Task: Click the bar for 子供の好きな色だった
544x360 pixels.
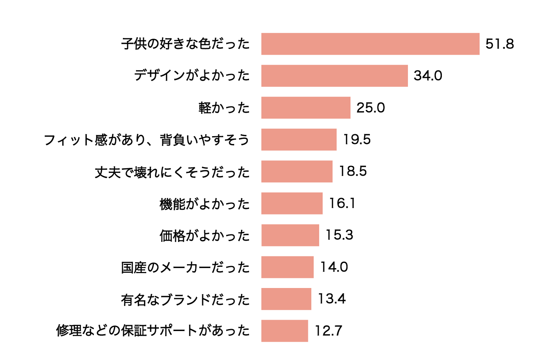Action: pos(370,44)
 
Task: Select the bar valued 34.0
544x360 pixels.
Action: pos(334,76)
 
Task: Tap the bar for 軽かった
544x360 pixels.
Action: pos(306,108)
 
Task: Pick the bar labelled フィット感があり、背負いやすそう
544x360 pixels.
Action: pos(299,139)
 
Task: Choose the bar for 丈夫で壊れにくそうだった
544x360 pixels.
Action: pos(297,171)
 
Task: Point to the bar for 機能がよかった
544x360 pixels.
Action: pos(292,203)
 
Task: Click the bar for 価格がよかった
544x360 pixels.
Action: pos(290,235)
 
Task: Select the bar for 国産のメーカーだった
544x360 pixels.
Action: pos(287,267)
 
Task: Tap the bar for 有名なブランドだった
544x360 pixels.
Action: pos(286,299)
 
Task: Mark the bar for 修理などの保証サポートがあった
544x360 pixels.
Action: pos(285,331)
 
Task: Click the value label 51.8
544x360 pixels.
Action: pos(499,44)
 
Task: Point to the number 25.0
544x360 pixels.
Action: pos(370,108)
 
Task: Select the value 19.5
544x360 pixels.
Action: pos(357,139)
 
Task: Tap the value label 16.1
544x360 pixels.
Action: pos(342,203)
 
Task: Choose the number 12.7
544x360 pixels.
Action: pos(328,331)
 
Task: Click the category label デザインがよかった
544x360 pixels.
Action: pos(192,75)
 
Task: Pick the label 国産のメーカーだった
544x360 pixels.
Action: pos(185,267)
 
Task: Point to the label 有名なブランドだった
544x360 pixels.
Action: pos(185,299)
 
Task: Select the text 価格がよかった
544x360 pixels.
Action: pos(204,236)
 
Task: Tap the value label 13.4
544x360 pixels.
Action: pos(331,299)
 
